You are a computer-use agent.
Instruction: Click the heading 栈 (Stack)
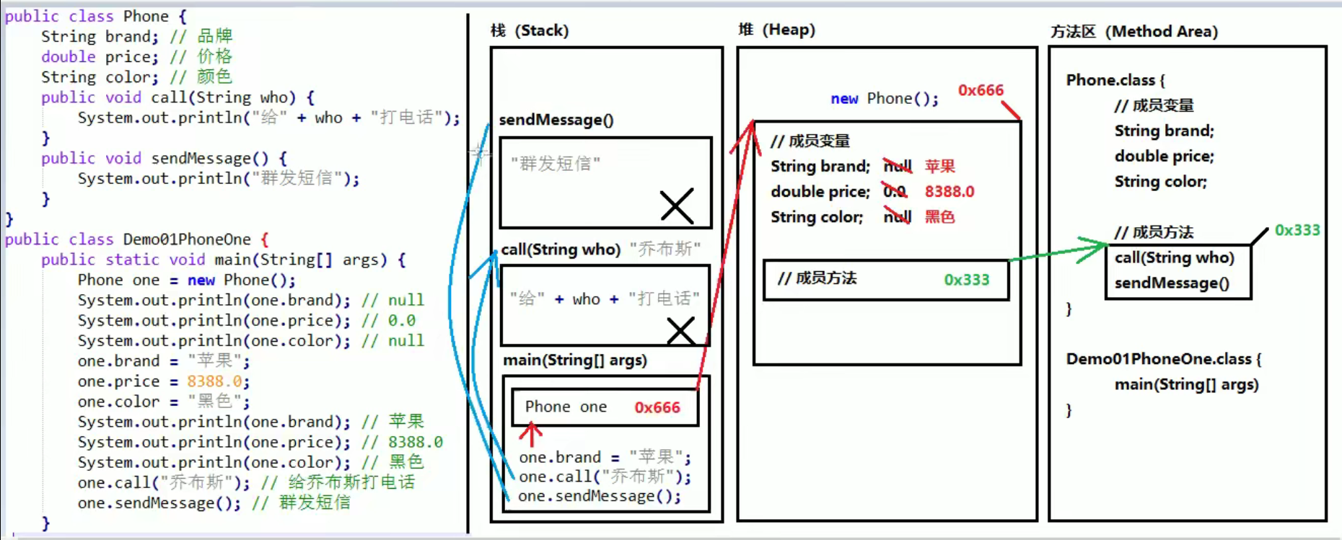pos(530,30)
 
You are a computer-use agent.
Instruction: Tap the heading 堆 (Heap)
pos(776,30)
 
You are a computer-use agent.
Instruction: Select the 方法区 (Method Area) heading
pos(1134,32)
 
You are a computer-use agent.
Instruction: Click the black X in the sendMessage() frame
pos(677,206)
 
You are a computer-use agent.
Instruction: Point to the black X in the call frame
pos(680,331)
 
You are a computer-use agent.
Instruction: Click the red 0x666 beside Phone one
pos(657,407)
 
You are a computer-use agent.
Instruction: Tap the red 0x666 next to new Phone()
pos(980,90)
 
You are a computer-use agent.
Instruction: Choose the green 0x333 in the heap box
pos(966,280)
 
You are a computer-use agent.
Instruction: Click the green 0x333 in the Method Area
pos(1297,230)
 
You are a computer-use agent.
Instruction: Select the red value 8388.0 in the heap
pos(949,192)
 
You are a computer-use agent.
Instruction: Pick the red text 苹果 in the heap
pos(939,167)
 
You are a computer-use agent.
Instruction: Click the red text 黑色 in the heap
pos(939,217)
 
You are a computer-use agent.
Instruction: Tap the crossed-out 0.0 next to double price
pos(895,192)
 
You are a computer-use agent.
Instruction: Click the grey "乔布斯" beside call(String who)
pos(665,249)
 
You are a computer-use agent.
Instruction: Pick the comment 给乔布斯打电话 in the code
pos(351,482)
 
